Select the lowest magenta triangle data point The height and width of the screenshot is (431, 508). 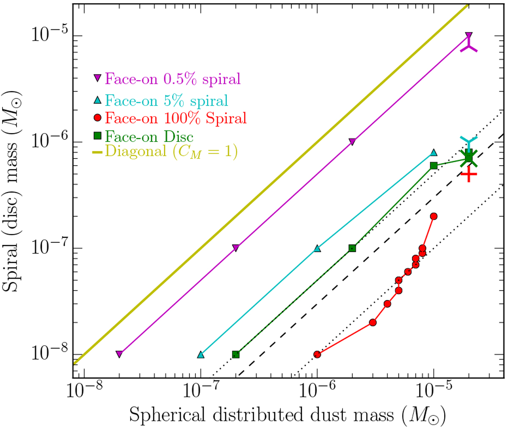[x=119, y=354]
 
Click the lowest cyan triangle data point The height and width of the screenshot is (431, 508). [x=201, y=354]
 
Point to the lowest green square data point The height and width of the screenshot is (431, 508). [x=236, y=354]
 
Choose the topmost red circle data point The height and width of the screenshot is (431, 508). [x=433, y=216]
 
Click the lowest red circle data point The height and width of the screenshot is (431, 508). [x=317, y=354]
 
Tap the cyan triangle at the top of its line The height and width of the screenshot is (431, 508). [x=433, y=153]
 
